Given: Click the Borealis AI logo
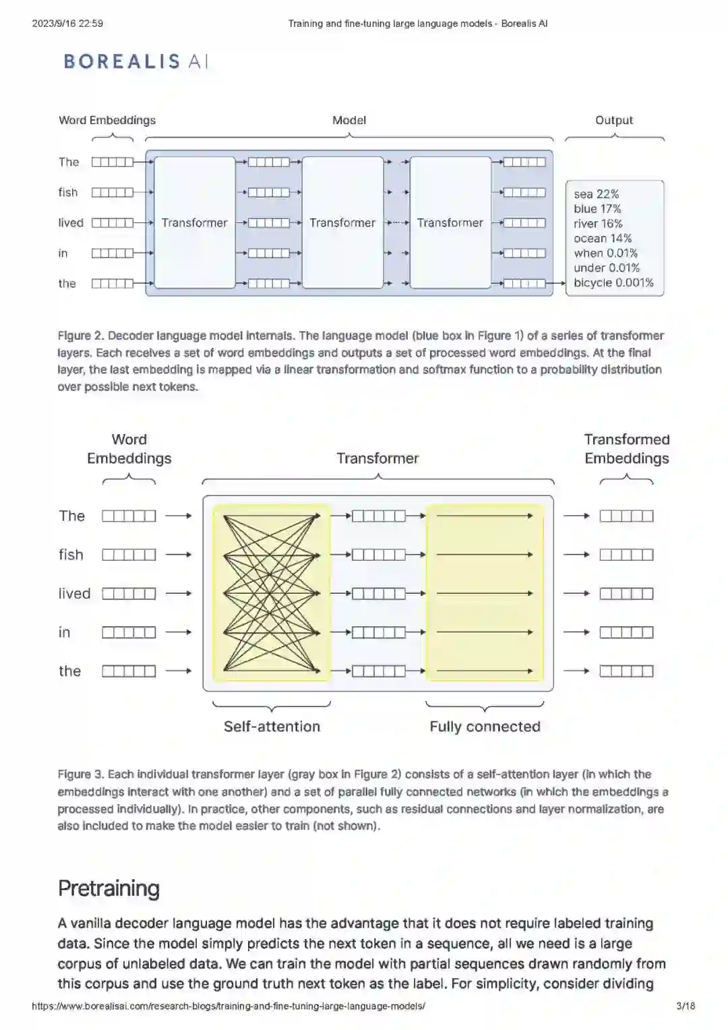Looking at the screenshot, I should click(x=135, y=61).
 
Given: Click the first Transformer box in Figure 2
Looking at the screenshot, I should click(x=194, y=222).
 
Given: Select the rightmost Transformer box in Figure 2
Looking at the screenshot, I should click(x=450, y=222).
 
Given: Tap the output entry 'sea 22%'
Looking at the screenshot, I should click(x=596, y=194).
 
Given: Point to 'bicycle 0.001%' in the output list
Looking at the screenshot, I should click(x=613, y=282).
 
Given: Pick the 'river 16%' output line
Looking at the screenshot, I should click(x=598, y=224).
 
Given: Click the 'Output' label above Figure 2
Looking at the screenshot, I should click(x=613, y=121).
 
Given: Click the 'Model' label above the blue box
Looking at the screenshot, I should click(x=348, y=121).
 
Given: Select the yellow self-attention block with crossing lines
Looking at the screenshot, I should click(x=271, y=593).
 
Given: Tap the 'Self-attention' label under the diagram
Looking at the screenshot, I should click(x=272, y=727).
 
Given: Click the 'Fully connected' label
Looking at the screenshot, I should click(x=485, y=727).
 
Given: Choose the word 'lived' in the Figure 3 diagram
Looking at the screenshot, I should click(x=74, y=594).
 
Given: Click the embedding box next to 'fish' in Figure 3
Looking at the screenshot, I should click(x=129, y=555).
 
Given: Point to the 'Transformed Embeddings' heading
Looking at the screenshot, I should click(x=626, y=449).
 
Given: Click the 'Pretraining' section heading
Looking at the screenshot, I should click(x=109, y=888).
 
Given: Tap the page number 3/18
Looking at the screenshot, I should click(x=685, y=1006).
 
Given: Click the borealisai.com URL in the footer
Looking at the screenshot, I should click(x=229, y=1006).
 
